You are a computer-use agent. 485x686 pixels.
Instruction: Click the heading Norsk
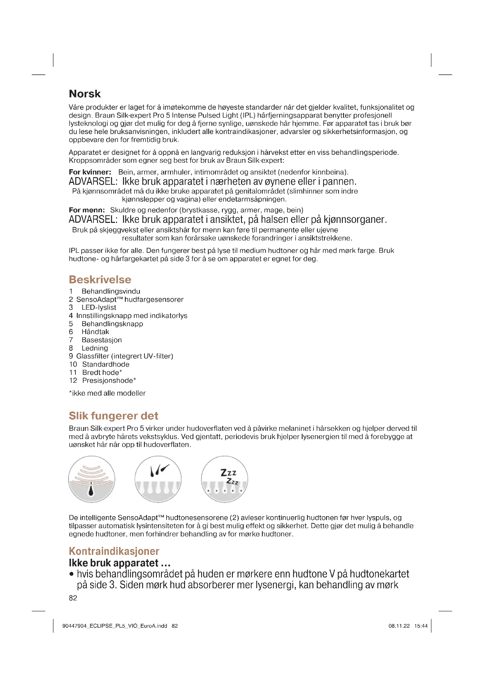point(84,94)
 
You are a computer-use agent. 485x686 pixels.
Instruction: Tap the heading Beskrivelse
point(100,280)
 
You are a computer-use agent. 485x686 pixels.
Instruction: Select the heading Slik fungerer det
point(113,416)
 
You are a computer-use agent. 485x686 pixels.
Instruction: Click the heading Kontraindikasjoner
point(114,551)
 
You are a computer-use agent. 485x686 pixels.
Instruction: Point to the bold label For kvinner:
point(90,172)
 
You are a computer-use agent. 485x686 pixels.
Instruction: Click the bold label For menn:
point(87,210)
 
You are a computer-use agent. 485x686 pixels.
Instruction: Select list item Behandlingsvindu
point(111,291)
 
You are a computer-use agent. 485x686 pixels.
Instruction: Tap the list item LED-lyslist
point(99,307)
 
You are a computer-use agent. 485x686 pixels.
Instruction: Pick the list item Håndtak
point(95,332)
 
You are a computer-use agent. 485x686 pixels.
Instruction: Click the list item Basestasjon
point(101,340)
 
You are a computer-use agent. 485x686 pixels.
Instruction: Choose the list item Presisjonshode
point(109,381)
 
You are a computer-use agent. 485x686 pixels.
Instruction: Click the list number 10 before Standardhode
point(73,365)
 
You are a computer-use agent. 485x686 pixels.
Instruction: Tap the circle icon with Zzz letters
point(224,479)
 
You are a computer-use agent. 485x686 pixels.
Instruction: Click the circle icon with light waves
point(92,479)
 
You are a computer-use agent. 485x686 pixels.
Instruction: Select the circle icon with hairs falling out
point(158,479)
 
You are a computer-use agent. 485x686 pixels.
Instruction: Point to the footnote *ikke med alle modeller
point(107,394)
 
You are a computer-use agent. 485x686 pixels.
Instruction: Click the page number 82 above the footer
point(73,598)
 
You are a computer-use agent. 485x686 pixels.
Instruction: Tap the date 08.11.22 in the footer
point(399,626)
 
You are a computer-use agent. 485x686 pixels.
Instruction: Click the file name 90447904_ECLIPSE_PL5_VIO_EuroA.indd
point(115,626)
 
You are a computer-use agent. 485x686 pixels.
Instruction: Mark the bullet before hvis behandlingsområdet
point(71,574)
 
